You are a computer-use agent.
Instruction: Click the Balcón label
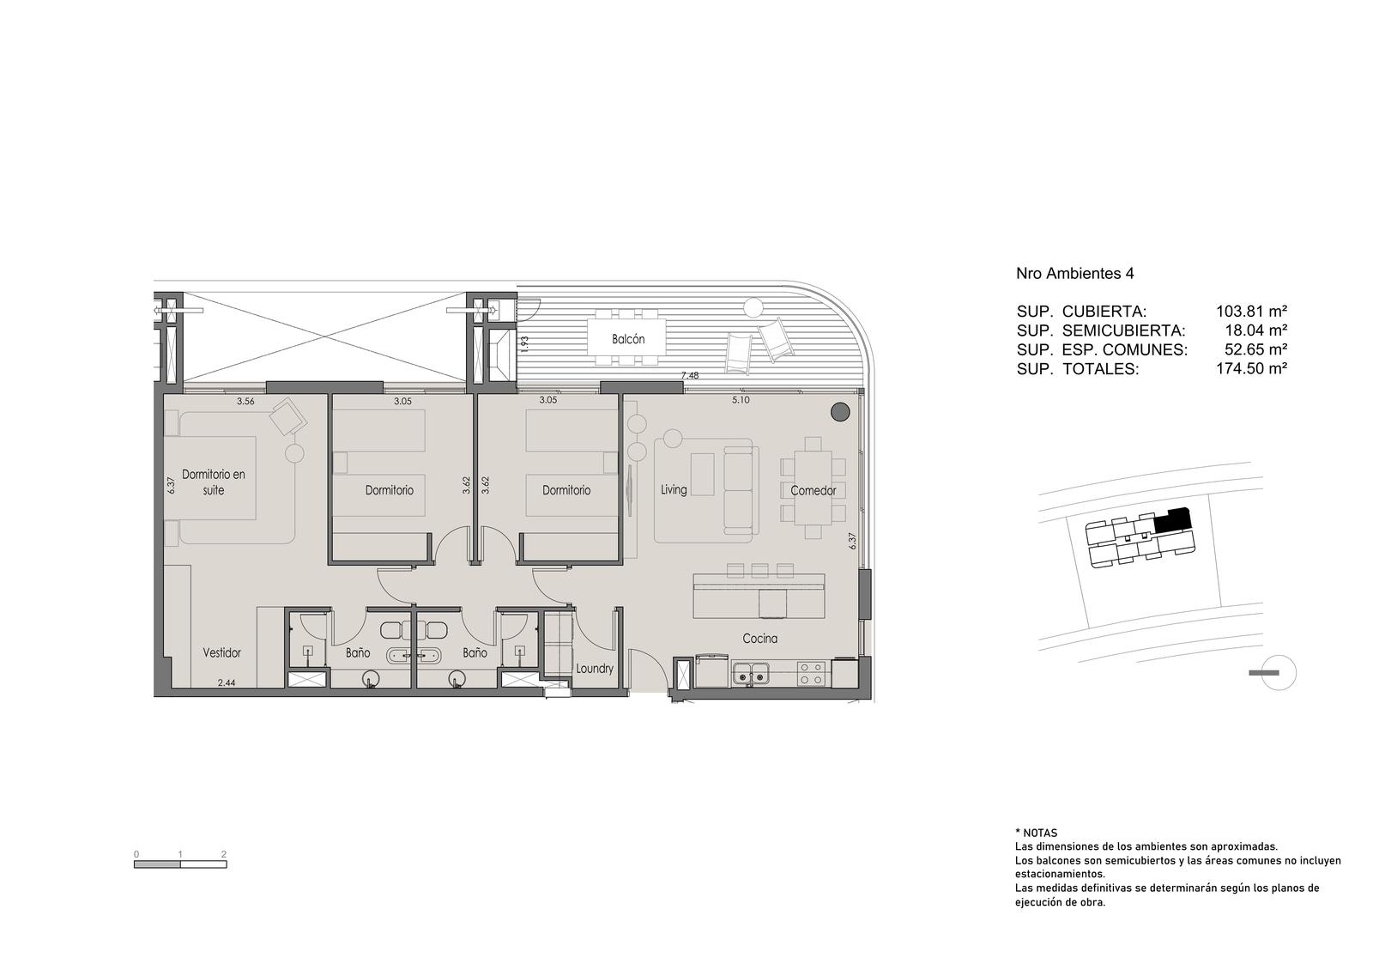tap(627, 339)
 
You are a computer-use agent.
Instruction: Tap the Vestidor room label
tap(222, 653)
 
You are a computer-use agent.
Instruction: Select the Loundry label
tap(594, 669)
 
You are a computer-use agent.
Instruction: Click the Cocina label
tap(760, 639)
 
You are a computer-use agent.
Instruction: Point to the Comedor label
tap(814, 490)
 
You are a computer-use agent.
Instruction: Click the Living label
tap(674, 489)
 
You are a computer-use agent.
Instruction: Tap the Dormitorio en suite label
tap(214, 482)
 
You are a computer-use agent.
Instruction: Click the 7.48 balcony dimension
tap(690, 375)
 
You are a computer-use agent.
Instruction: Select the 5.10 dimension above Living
tap(741, 400)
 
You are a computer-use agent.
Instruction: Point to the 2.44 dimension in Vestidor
tap(227, 682)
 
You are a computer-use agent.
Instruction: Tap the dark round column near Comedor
tap(840, 412)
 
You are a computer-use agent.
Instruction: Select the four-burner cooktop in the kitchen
tap(810, 673)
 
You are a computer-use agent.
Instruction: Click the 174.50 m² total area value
tap(1252, 368)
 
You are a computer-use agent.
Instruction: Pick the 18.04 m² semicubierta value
tap(1256, 330)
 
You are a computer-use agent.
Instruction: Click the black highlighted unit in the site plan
tap(1172, 520)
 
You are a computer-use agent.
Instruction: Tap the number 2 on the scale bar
tap(224, 854)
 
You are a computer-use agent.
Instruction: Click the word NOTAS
tap(1040, 834)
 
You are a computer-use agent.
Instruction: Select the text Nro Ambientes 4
tap(1075, 274)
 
